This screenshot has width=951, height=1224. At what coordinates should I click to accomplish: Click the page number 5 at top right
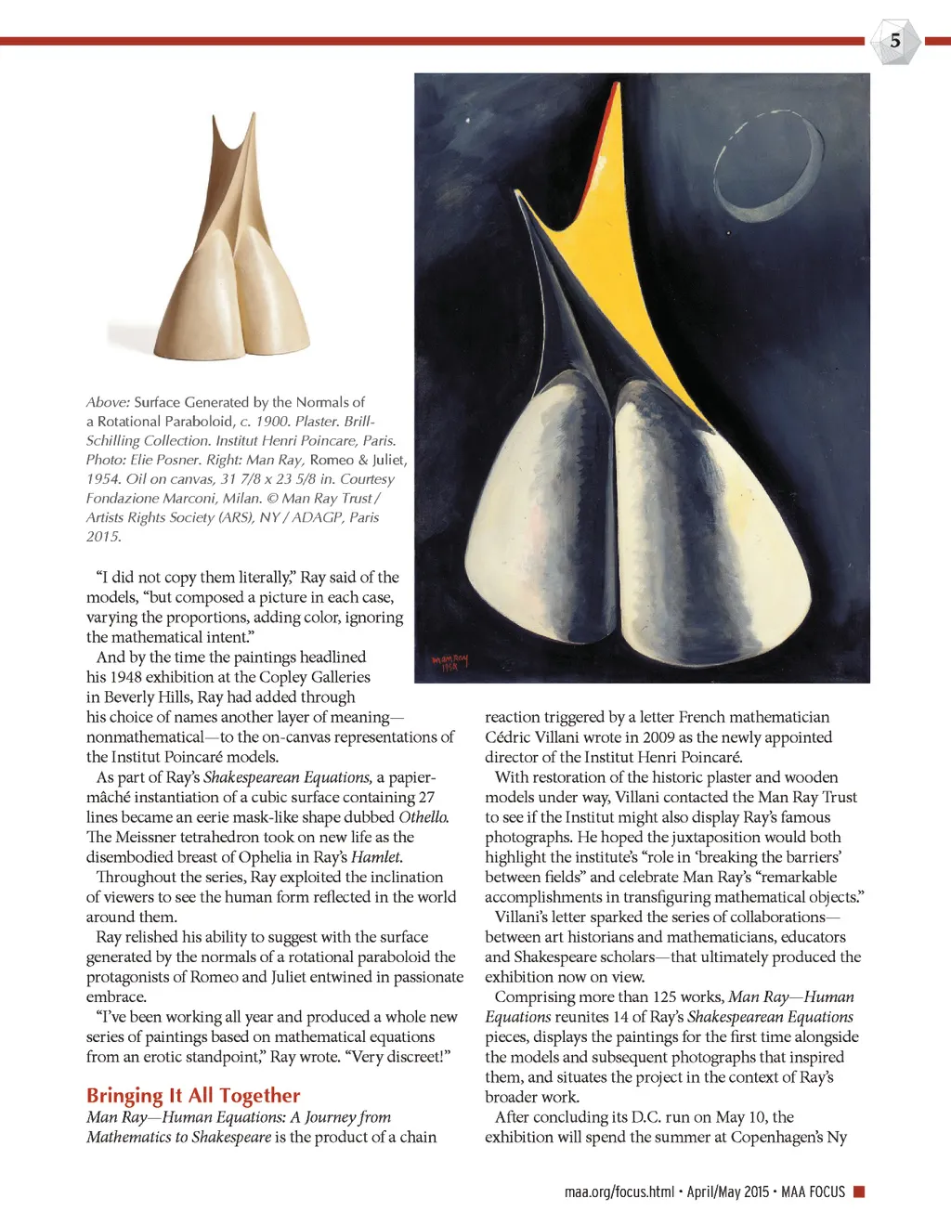click(x=894, y=41)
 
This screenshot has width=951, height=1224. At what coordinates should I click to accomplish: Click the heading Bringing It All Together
click(x=193, y=1096)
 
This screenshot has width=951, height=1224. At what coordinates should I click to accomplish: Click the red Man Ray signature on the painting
click(x=450, y=662)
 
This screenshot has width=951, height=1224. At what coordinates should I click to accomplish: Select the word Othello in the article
click(x=423, y=817)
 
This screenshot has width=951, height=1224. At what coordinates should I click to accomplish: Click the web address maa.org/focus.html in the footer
click(x=619, y=1191)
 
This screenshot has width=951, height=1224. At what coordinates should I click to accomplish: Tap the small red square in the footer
click(x=859, y=1191)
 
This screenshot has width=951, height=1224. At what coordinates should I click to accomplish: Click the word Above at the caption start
click(x=108, y=402)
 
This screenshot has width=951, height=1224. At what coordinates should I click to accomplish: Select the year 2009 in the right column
click(x=659, y=737)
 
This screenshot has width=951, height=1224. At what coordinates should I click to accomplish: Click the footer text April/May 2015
click(x=728, y=1191)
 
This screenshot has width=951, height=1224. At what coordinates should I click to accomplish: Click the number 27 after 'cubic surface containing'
click(x=426, y=798)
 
